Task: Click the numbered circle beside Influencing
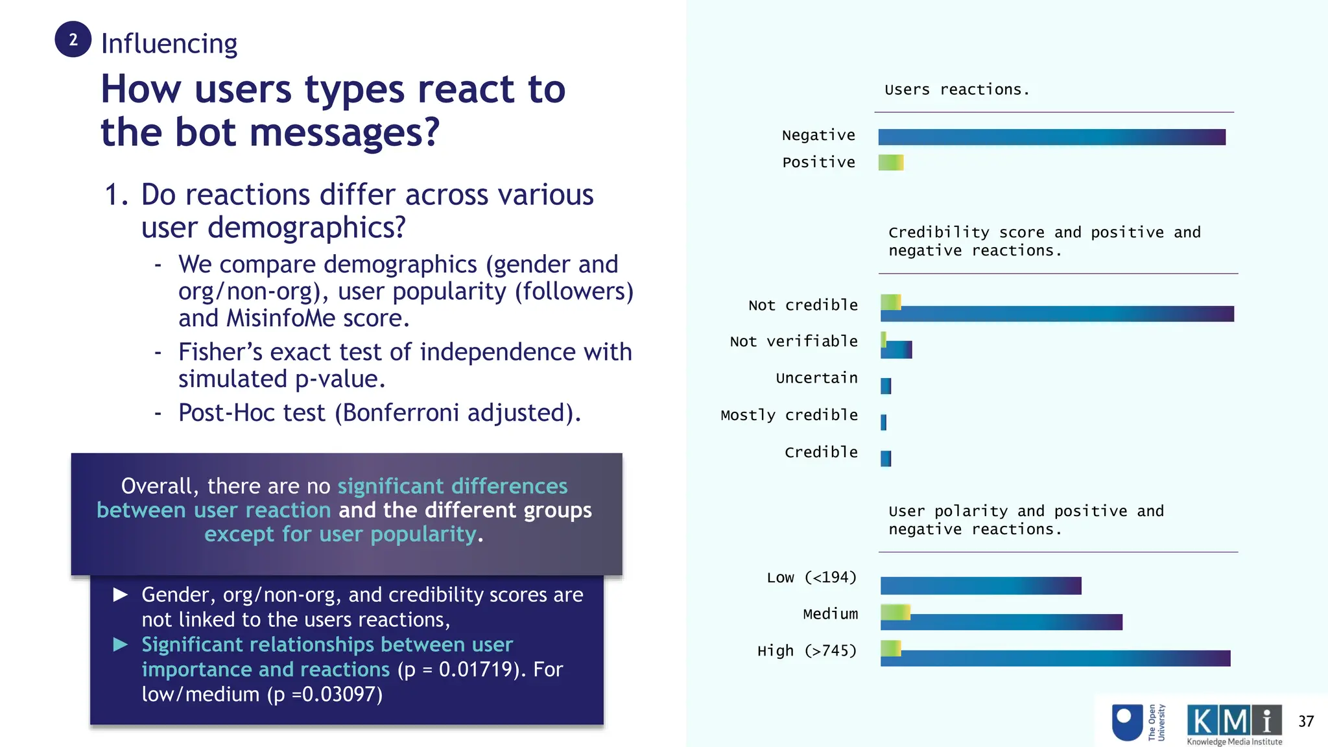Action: point(73,40)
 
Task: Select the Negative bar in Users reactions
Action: point(1051,137)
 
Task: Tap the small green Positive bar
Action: point(890,163)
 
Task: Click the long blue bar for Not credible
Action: point(1057,314)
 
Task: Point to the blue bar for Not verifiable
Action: point(898,351)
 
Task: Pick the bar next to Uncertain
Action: point(886,386)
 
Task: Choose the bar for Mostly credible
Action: point(883,423)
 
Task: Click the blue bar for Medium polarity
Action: point(1012,623)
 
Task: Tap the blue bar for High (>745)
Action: point(1063,659)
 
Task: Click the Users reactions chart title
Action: point(956,90)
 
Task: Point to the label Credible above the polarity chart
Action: point(821,453)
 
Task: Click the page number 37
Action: point(1305,722)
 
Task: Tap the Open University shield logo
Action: point(1127,722)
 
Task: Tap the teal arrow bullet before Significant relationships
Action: point(121,645)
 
